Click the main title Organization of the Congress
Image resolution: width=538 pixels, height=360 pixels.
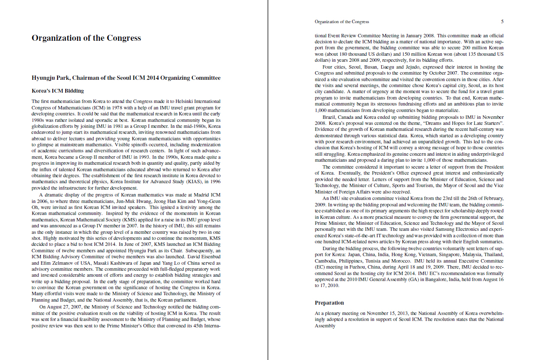click(86, 38)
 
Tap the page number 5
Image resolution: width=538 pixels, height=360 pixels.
click(502, 21)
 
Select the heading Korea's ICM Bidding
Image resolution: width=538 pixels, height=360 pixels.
click(58, 91)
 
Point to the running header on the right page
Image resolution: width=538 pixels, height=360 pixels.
click(341, 21)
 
